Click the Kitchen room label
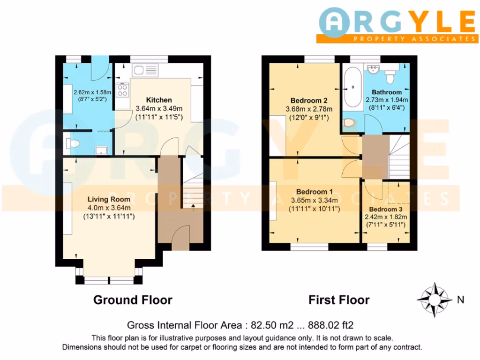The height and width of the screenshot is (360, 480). [x=159, y=100]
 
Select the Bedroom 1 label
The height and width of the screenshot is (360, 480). [x=314, y=192]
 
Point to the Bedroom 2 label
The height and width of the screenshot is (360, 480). [x=308, y=101]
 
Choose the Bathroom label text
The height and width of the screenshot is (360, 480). [x=387, y=92]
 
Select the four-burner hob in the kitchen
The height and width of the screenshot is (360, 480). [x=123, y=89]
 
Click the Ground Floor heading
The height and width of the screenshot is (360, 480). [x=133, y=300]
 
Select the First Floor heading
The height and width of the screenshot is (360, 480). [x=339, y=300]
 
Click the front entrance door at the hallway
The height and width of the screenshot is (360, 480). [x=180, y=236]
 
